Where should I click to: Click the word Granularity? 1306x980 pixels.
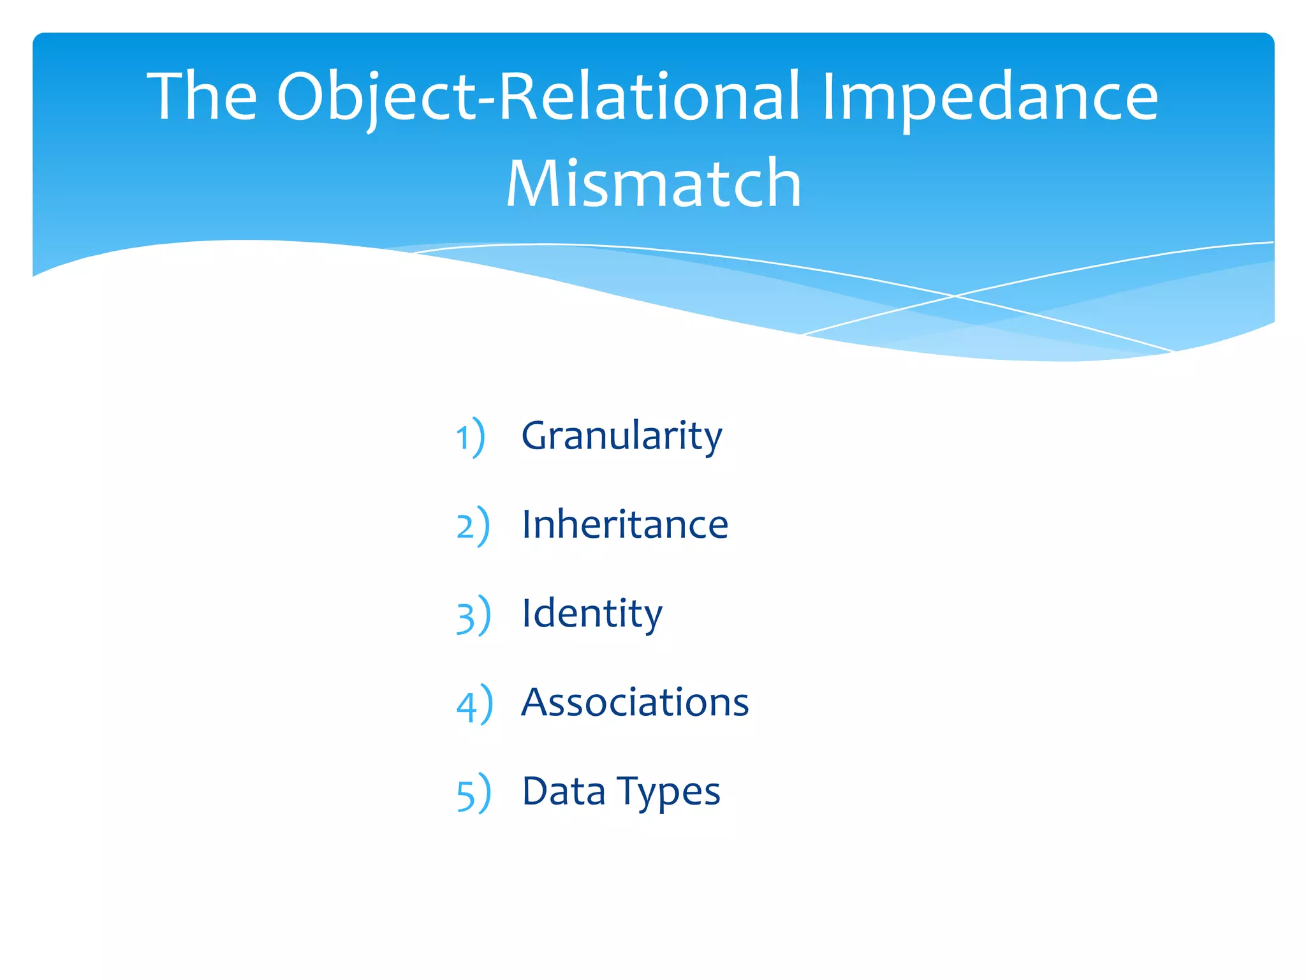[622, 437]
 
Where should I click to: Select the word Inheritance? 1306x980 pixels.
[625, 525]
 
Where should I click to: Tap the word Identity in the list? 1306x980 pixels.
[592, 614]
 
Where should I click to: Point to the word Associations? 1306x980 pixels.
[635, 702]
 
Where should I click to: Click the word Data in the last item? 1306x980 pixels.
[563, 792]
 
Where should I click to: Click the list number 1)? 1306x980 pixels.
[471, 438]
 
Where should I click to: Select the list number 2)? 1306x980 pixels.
[473, 526]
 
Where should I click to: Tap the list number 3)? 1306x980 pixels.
[473, 616]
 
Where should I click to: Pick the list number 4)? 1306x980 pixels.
[474, 704]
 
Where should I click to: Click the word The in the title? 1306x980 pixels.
[202, 96]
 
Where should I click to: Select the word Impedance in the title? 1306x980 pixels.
[990, 98]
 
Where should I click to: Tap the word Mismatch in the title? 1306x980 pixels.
[653, 184]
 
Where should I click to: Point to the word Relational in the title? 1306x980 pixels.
[648, 96]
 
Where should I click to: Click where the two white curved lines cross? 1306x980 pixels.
[955, 295]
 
